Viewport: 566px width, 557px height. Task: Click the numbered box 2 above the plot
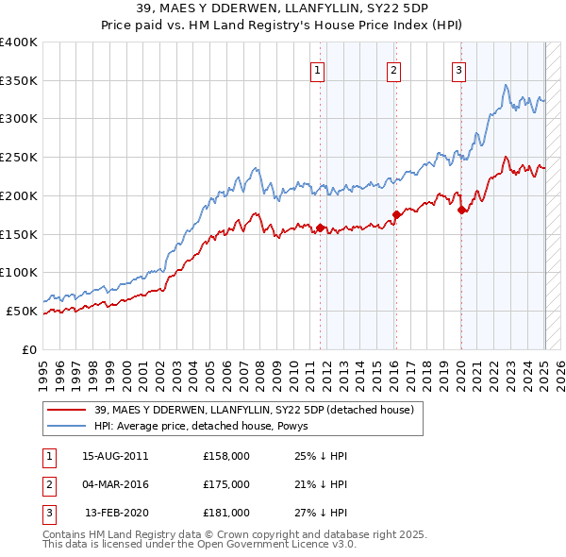coord(392,69)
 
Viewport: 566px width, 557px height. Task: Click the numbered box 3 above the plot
coord(458,69)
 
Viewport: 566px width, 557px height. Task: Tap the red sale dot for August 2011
coord(321,228)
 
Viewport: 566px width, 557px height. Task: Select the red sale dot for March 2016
coord(396,214)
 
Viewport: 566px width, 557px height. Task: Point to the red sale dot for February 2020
coord(461,211)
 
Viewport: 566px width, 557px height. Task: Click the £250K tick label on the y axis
coord(19,157)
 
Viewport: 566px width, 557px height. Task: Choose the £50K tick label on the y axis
coord(23,311)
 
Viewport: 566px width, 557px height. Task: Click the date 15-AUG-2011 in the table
coord(116,456)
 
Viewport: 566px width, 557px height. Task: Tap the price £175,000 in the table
coord(226,484)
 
